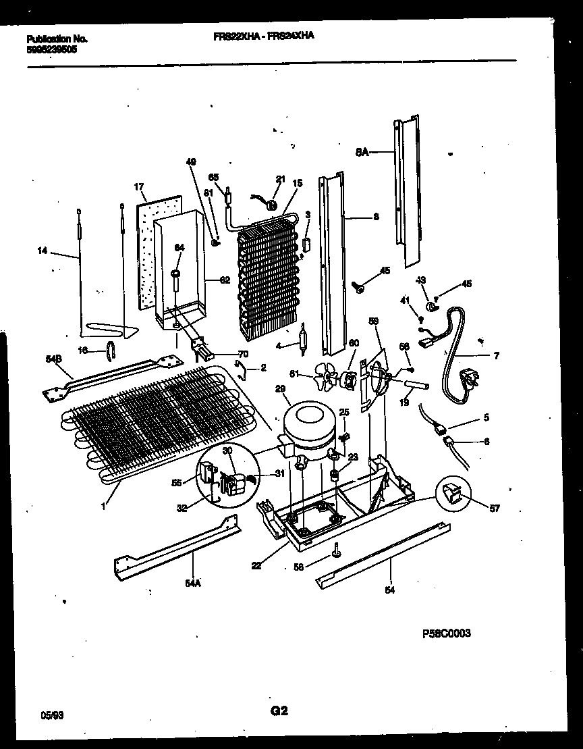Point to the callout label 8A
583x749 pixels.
[362, 153]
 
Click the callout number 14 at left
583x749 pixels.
[43, 251]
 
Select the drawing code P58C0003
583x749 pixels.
[446, 633]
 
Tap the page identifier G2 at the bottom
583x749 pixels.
[279, 710]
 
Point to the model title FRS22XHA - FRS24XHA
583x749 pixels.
[260, 39]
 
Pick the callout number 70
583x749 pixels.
[244, 353]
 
